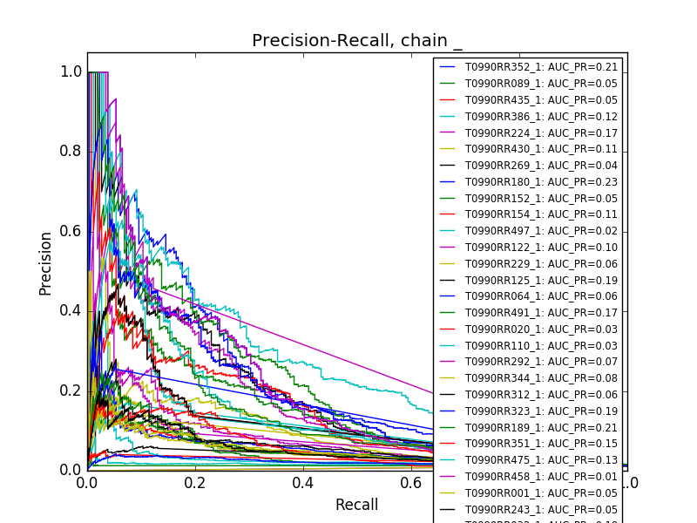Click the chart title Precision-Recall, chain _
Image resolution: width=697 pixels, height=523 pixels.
click(x=357, y=41)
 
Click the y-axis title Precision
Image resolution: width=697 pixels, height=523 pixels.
click(x=46, y=263)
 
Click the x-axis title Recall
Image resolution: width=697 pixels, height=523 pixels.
click(x=356, y=506)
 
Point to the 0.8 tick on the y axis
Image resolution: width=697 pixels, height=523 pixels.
click(x=71, y=151)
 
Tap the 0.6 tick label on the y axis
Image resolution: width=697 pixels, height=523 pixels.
click(x=71, y=231)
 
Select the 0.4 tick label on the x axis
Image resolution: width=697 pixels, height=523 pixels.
click(x=303, y=483)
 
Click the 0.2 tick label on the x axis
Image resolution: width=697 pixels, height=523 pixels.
click(x=195, y=483)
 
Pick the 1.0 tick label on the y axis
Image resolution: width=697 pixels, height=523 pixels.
click(x=71, y=71)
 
